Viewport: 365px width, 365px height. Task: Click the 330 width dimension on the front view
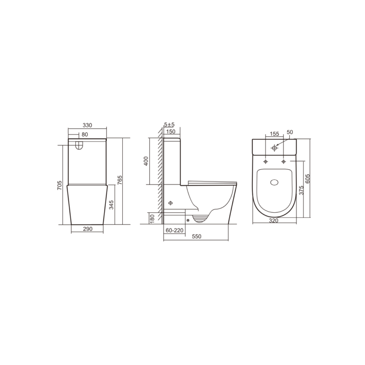pyautogui.click(x=87, y=125)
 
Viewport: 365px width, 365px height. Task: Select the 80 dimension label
pyautogui.click(x=85, y=135)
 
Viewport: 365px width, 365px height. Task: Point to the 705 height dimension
pyautogui.click(x=59, y=186)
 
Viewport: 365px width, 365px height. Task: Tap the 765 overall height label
pyautogui.click(x=120, y=180)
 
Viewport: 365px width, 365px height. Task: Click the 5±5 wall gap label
pyautogui.click(x=169, y=125)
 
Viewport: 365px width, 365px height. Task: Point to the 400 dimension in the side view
pyautogui.click(x=146, y=161)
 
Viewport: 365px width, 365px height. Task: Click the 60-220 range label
pyautogui.click(x=174, y=230)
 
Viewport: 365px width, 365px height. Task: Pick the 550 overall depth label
pyautogui.click(x=197, y=237)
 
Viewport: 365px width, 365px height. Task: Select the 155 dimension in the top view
pyautogui.click(x=274, y=134)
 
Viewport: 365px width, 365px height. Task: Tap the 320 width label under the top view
pyautogui.click(x=274, y=220)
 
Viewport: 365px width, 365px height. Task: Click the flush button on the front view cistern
pyautogui.click(x=78, y=145)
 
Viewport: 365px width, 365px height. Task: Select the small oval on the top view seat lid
pyautogui.click(x=274, y=183)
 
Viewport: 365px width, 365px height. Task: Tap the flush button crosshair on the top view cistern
pyautogui.click(x=274, y=148)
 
